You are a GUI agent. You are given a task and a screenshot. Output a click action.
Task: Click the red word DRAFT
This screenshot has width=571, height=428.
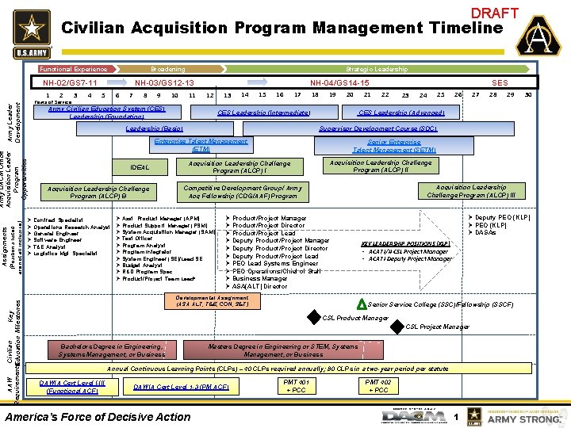(x=495, y=13)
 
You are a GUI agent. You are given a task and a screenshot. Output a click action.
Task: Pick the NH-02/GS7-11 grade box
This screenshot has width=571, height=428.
(x=71, y=82)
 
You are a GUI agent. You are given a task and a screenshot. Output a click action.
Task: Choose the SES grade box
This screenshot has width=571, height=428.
(x=500, y=82)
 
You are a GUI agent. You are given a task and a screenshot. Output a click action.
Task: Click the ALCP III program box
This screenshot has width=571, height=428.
(x=477, y=192)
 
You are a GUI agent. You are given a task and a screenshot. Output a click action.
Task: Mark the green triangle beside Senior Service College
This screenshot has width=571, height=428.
(x=362, y=304)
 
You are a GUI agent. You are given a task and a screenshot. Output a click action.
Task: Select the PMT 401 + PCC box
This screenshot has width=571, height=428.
(x=296, y=385)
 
